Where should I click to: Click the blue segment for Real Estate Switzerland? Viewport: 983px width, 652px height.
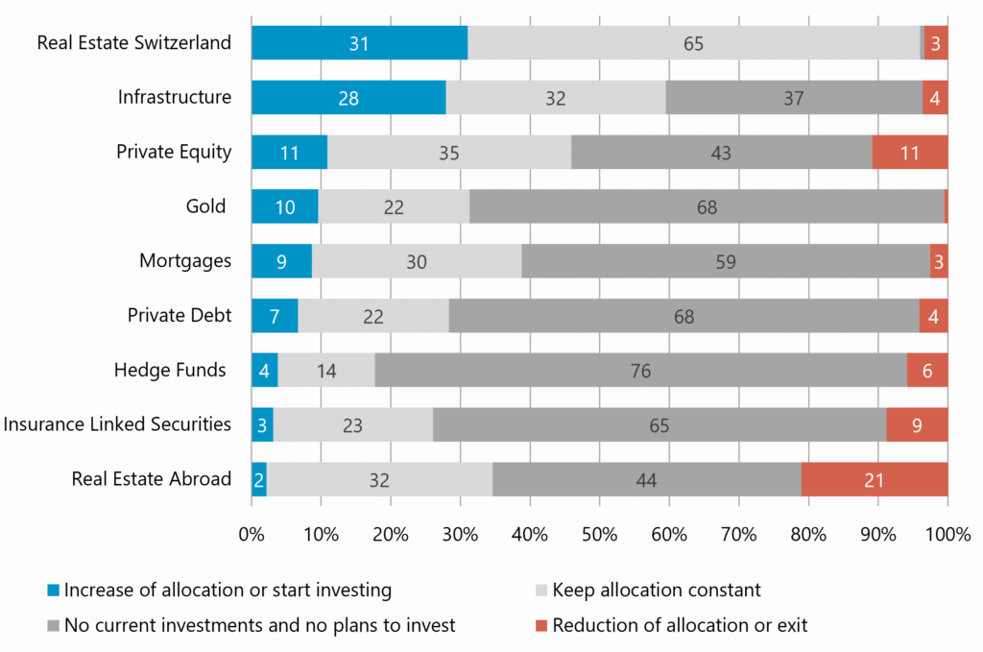click(x=359, y=42)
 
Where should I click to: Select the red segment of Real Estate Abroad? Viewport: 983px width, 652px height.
click(x=875, y=479)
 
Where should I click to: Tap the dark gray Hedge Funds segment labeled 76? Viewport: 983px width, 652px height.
click(x=640, y=371)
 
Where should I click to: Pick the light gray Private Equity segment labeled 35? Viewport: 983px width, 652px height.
click(x=449, y=152)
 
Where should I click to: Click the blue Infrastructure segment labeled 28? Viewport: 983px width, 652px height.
click(x=348, y=97)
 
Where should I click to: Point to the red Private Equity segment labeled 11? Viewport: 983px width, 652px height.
click(x=910, y=152)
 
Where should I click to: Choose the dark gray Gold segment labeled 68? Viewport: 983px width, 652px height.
click(x=707, y=206)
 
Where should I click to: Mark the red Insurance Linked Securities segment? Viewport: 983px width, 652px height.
click(x=917, y=425)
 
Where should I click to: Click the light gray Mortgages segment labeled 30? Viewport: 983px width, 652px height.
click(x=417, y=261)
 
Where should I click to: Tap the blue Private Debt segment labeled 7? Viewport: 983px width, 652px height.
click(x=275, y=315)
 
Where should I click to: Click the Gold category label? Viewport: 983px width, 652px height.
click(x=205, y=206)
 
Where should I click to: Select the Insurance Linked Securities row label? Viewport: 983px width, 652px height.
click(x=117, y=424)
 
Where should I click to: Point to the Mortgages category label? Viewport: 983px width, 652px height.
click(x=185, y=261)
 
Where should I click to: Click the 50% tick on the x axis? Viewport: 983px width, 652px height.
click(x=599, y=534)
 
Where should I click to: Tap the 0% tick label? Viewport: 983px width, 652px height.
click(x=252, y=534)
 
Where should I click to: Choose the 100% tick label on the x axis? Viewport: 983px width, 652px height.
click(x=947, y=534)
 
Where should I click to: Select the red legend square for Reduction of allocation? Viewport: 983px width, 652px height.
click(x=541, y=626)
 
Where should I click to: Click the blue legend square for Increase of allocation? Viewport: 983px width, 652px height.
click(x=54, y=590)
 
